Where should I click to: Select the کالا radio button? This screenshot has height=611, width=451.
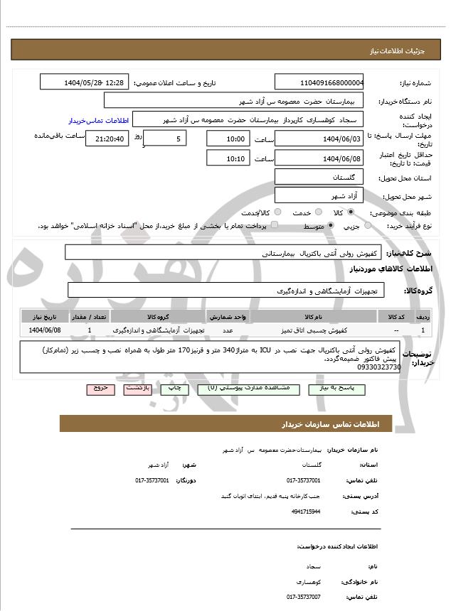pos(350,212)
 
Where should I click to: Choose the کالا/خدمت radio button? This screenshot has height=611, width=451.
pos(277,212)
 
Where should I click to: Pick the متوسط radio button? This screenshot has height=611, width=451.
pos(331,226)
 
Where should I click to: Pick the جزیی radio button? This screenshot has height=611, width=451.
pos(368,226)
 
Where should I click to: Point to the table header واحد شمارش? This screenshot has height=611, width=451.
pos(228,315)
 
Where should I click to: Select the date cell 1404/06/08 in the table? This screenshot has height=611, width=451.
pos(46,330)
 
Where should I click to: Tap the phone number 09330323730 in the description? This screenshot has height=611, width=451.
pos(381,367)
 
